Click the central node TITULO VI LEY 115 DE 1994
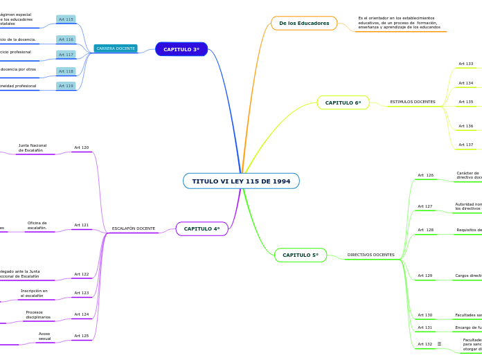[241, 181]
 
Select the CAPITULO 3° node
[181, 49]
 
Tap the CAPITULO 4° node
[202, 228]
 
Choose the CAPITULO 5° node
[301, 255]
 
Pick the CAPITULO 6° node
[343, 102]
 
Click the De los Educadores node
[304, 24]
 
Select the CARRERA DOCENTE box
[116, 48]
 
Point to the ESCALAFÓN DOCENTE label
[134, 228]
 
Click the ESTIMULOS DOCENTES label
[413, 102]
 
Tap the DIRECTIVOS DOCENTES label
[371, 255]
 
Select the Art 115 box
[66, 19]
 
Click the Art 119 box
[66, 86]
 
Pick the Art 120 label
[82, 147]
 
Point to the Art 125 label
[82, 336]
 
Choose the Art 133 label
[466, 64]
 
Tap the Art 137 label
[466, 145]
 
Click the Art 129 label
[425, 276]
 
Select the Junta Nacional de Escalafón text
[33, 147]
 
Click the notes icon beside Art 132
[439, 344]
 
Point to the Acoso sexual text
[44, 336]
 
